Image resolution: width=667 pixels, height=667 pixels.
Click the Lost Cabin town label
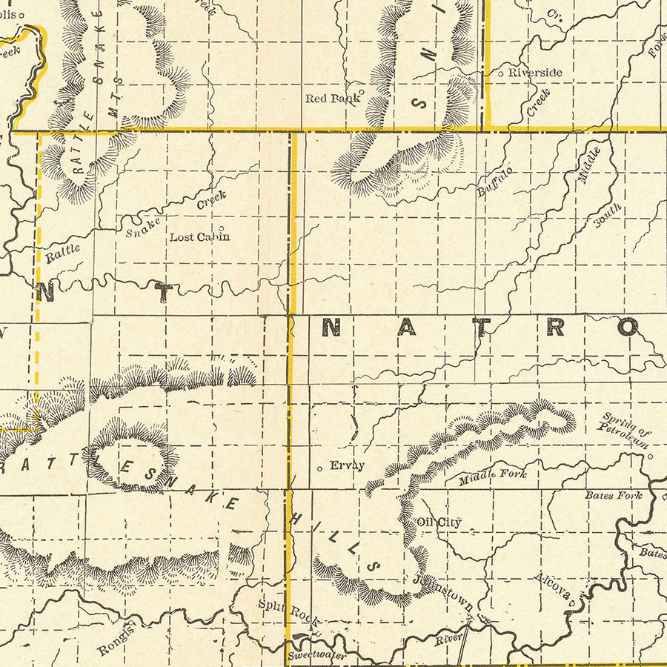coord(199,237)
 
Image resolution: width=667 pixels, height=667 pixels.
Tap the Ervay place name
coord(347,465)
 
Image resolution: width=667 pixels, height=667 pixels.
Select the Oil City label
coord(439,522)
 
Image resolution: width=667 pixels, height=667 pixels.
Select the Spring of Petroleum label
coord(626,430)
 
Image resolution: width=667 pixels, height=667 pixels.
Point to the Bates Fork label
coord(613,494)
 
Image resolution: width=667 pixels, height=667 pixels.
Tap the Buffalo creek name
coord(495,182)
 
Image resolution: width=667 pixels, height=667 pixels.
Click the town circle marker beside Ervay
coord(319,468)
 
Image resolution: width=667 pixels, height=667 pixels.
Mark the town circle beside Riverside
coord(501,73)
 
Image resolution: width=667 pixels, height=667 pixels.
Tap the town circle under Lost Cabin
coord(220,228)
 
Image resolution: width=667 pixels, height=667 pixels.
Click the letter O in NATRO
coord(627,327)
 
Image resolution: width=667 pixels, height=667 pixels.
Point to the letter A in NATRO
coord(406,327)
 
